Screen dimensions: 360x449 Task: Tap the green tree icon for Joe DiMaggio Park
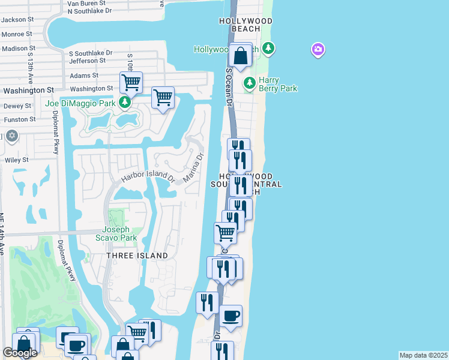coord(125,103)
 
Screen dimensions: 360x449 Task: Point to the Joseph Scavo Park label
coord(119,233)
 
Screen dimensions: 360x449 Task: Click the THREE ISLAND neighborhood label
coord(137,256)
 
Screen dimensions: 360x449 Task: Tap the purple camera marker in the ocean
coord(318,49)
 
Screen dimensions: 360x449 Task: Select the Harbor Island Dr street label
coord(148,178)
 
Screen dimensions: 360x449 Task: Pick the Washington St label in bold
coord(28,91)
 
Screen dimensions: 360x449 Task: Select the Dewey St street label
coord(17,106)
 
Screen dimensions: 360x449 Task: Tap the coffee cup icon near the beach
coord(231,316)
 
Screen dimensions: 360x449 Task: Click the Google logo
coord(20,353)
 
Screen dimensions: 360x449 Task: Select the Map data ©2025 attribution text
coord(423,355)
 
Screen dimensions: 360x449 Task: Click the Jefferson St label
coord(87,61)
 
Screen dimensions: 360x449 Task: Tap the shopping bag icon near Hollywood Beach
coord(240,56)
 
